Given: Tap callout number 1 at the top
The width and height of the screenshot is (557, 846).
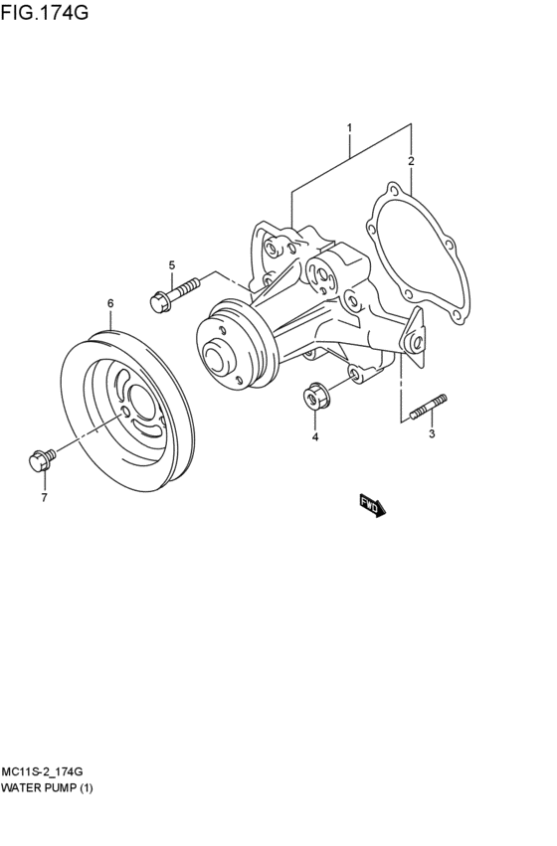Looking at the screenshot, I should coord(349,128).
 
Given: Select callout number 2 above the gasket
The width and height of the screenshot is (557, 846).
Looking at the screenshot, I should coord(411,161).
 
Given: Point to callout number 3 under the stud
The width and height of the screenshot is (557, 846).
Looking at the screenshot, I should coord(433,434).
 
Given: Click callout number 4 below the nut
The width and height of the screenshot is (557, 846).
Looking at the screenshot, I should coord(315,436).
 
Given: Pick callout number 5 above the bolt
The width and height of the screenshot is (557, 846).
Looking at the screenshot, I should coord(171,264).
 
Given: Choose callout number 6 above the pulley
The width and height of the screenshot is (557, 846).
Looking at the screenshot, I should coord(110,302).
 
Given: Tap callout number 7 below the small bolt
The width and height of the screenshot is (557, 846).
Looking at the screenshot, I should coord(44,497).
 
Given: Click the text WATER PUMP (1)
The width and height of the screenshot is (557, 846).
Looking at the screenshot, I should coord(47,787).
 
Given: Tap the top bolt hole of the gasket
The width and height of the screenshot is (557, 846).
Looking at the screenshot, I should coord(395,189).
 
